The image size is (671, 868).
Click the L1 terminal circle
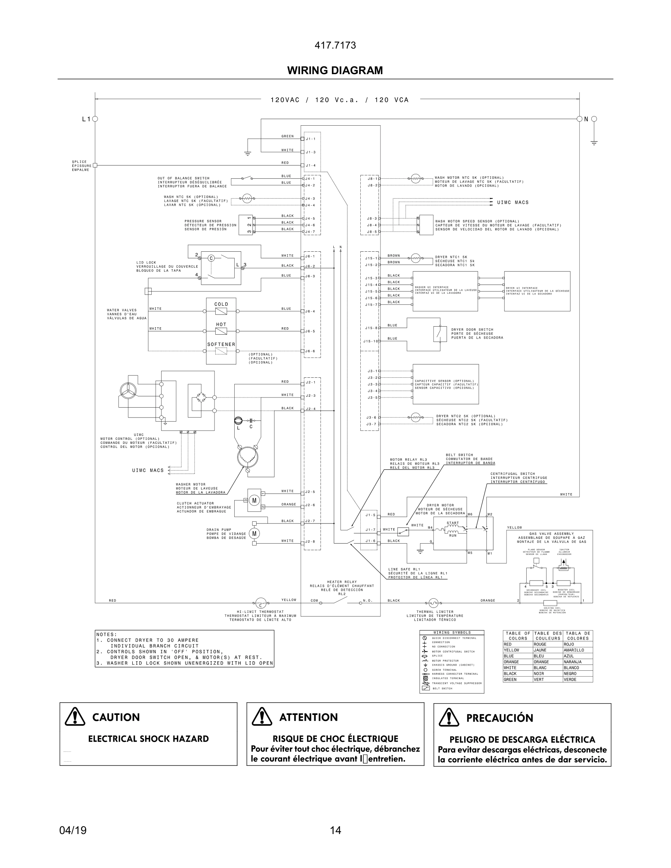pyautogui.click(x=95, y=119)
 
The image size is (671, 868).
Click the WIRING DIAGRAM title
pyautogui.click(x=335, y=71)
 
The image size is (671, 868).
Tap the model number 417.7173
pyautogui.click(x=335, y=45)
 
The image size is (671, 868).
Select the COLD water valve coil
pyautogui.click(x=221, y=311)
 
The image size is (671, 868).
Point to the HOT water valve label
pyautogui.click(x=221, y=324)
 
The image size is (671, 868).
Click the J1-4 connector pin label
pyautogui.click(x=310, y=165)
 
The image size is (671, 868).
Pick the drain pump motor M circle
pyautogui.click(x=254, y=533)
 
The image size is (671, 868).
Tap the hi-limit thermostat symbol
pyautogui.click(x=260, y=602)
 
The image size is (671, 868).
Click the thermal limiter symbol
pyautogui.click(x=433, y=602)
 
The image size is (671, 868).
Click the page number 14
pyautogui.click(x=335, y=830)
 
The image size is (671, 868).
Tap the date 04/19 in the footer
pyautogui.click(x=73, y=830)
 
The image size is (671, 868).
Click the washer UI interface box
pyautogui.click(x=445, y=291)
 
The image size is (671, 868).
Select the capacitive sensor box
pyautogui.click(x=445, y=384)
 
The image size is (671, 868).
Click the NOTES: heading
pyautogui.click(x=106, y=634)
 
